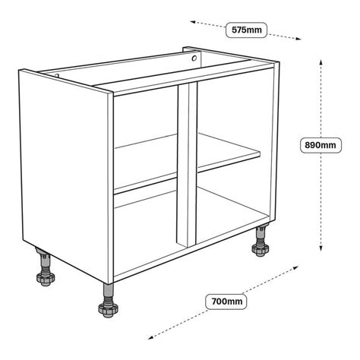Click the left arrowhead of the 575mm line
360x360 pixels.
pyautogui.click(x=192, y=23)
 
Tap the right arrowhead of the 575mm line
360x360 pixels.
pyautogui.click(x=295, y=39)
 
